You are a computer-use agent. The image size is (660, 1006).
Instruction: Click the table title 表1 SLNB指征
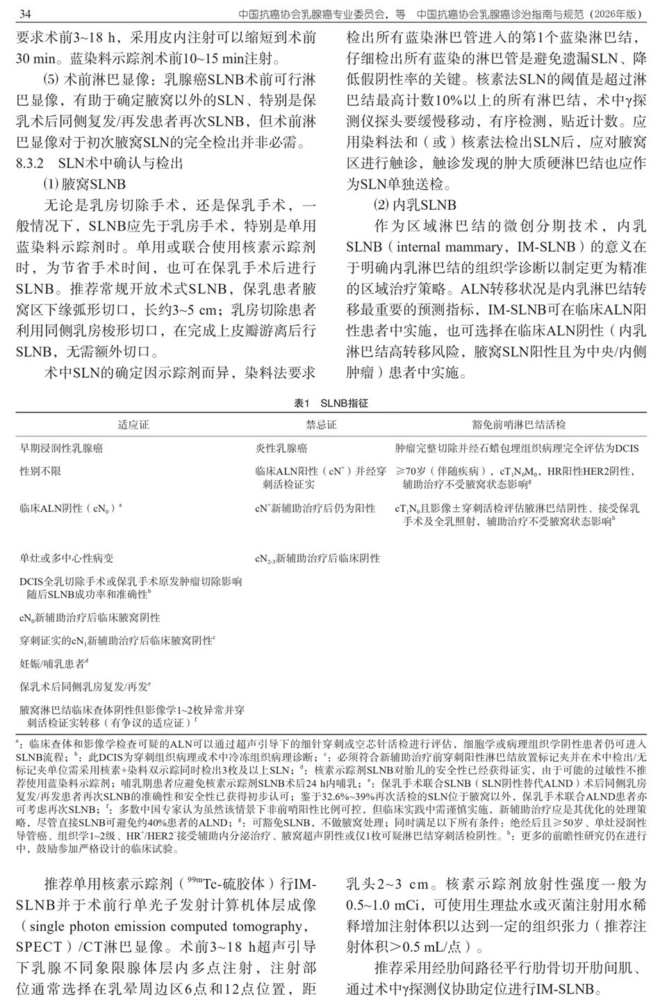(x=331, y=403)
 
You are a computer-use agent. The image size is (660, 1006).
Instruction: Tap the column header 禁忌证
(x=320, y=424)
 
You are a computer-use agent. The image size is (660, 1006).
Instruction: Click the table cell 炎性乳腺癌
(x=281, y=449)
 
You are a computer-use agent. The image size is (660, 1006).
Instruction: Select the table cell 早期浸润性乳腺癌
(x=61, y=449)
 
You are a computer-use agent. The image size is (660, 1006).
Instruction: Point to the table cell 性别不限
(x=40, y=471)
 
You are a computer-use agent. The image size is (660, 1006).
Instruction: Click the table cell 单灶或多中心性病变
(x=67, y=557)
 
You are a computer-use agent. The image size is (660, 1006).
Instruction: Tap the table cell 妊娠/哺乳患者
(x=53, y=663)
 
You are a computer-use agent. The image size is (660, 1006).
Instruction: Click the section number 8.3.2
(x=31, y=165)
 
